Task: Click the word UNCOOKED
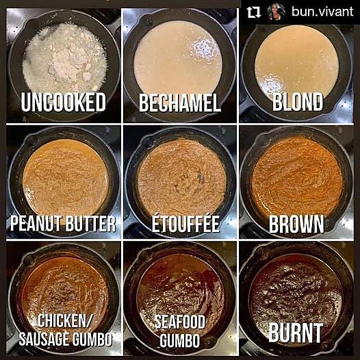point(64,103)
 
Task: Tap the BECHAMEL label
point(180,103)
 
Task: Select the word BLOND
point(298,102)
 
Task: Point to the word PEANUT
point(36,224)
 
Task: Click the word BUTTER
point(90,224)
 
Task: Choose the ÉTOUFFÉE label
point(185,222)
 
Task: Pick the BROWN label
point(296,224)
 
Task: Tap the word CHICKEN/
point(65,321)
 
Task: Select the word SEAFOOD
point(180,322)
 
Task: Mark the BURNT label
point(296,333)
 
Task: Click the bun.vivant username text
point(322,12)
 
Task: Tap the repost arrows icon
point(253,12)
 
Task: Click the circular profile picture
point(277,12)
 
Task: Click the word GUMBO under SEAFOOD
point(180,340)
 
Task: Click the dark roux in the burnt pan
point(296,292)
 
